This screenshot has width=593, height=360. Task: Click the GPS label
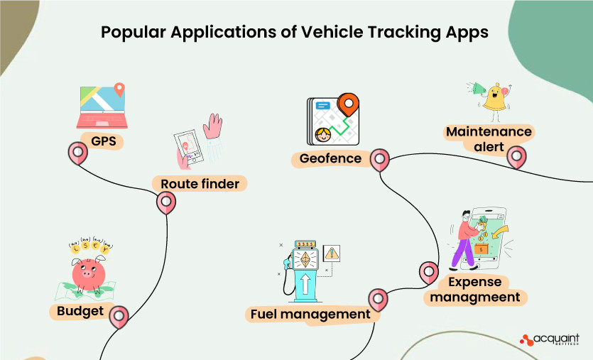click(102, 141)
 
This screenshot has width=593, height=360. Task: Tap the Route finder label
click(200, 184)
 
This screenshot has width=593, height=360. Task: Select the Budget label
click(80, 311)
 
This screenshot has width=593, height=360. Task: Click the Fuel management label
click(310, 314)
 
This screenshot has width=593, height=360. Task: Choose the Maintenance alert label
click(488, 140)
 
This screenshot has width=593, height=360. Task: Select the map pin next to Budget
click(118, 316)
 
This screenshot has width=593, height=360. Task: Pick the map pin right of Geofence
click(381, 159)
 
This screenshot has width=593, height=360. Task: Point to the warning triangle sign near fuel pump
click(331, 253)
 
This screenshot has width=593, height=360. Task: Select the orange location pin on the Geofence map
click(347, 105)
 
